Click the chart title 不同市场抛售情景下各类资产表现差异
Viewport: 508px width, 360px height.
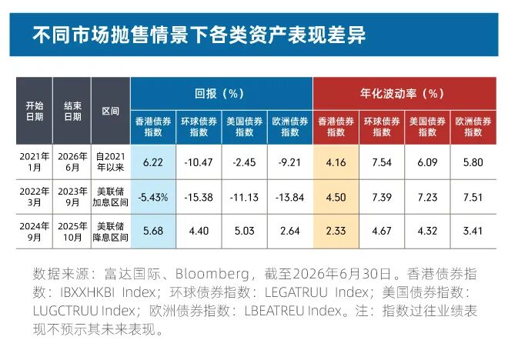[x=199, y=35]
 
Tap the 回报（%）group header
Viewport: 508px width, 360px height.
[x=219, y=94]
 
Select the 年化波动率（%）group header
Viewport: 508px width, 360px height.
[x=402, y=94]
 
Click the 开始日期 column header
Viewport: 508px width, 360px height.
[x=35, y=111]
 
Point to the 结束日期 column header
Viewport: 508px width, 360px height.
[x=72, y=111]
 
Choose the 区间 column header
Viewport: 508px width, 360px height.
[x=111, y=112]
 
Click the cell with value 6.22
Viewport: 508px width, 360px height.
[x=153, y=162]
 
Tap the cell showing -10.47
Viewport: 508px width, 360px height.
[x=199, y=162]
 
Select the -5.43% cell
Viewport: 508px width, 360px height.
[x=153, y=197]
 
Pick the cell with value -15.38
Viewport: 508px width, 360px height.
[x=199, y=197]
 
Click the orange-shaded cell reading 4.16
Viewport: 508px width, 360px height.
[x=336, y=162]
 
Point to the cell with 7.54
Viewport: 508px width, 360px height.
[x=382, y=162]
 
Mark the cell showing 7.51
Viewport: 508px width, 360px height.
[x=473, y=197]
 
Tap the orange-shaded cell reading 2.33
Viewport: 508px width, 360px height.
[x=336, y=231]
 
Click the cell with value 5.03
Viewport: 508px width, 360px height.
[x=244, y=231]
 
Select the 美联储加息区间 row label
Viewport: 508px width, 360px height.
[x=111, y=197]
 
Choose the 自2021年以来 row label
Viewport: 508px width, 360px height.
[x=111, y=162]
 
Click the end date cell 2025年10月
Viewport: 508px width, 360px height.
[x=72, y=232]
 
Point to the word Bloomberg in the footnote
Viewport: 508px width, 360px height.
[x=212, y=274]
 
